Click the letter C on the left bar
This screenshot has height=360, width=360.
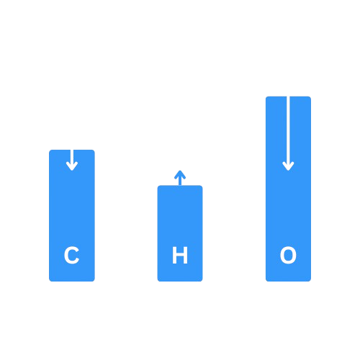pyautogui.click(x=71, y=255)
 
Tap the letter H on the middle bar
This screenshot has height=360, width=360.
pyautogui.click(x=180, y=255)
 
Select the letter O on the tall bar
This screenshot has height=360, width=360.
pyautogui.click(x=288, y=255)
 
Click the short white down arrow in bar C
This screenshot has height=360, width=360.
pyautogui.click(x=72, y=160)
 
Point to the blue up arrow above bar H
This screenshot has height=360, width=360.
pyautogui.click(x=180, y=178)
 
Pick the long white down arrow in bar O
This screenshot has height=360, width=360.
pyautogui.click(x=288, y=133)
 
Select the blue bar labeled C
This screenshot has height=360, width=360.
pyautogui.click(x=72, y=215)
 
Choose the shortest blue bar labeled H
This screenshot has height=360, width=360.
pyautogui.click(x=180, y=233)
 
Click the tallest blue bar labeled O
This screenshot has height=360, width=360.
pyautogui.click(x=288, y=189)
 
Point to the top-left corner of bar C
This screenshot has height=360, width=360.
pyautogui.click(x=49, y=150)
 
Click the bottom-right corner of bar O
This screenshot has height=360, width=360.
pyautogui.click(x=311, y=281)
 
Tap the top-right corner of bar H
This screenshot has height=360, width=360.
pyautogui.click(x=202, y=186)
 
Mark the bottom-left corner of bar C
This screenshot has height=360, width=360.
pyautogui.click(x=49, y=281)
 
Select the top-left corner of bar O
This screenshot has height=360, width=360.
pyautogui.click(x=266, y=96)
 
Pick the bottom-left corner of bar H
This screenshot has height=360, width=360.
pyautogui.click(x=158, y=281)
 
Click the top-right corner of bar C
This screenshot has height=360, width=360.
pyautogui.click(x=94, y=150)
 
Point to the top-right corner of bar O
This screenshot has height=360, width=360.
pyautogui.click(x=311, y=96)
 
